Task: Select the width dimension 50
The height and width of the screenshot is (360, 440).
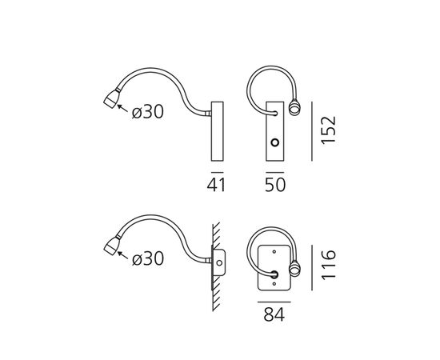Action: coord(275,186)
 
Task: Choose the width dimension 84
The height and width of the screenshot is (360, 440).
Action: coord(275,314)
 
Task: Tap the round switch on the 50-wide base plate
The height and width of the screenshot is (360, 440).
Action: coord(274,145)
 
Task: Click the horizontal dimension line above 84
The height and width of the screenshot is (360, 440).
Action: coord(275,300)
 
